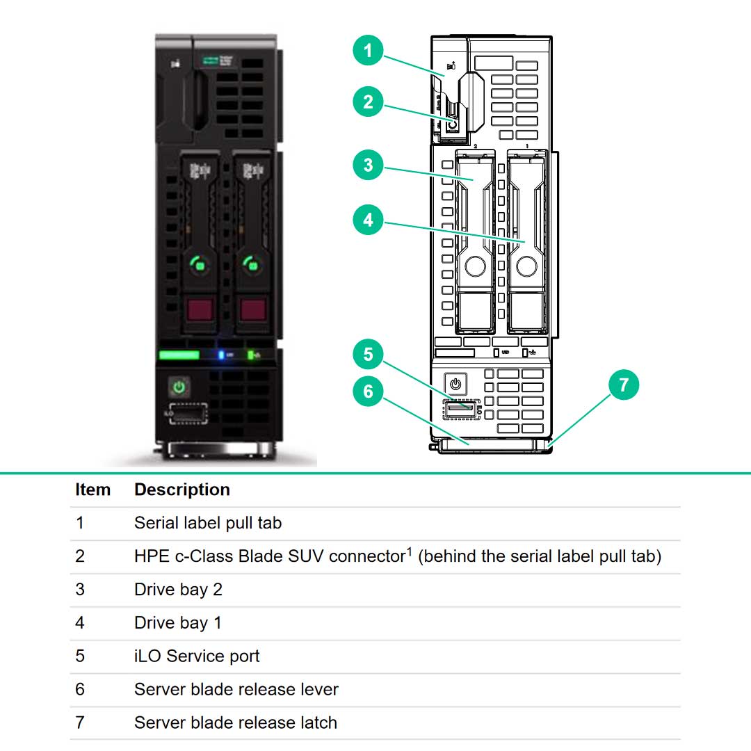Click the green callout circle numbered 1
click(368, 51)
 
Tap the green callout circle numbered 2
click(368, 102)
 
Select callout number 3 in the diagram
click(368, 165)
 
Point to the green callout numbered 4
click(368, 220)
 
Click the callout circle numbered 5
click(368, 354)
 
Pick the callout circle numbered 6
click(368, 391)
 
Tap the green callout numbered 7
click(624, 385)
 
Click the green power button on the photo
click(179, 387)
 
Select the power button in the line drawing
click(455, 384)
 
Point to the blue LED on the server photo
click(222, 355)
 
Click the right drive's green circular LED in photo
click(252, 264)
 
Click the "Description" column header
click(182, 490)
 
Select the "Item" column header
click(92, 490)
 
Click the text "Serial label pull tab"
click(208, 523)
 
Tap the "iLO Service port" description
click(197, 656)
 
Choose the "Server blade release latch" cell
click(236, 722)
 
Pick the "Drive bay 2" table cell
click(178, 590)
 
